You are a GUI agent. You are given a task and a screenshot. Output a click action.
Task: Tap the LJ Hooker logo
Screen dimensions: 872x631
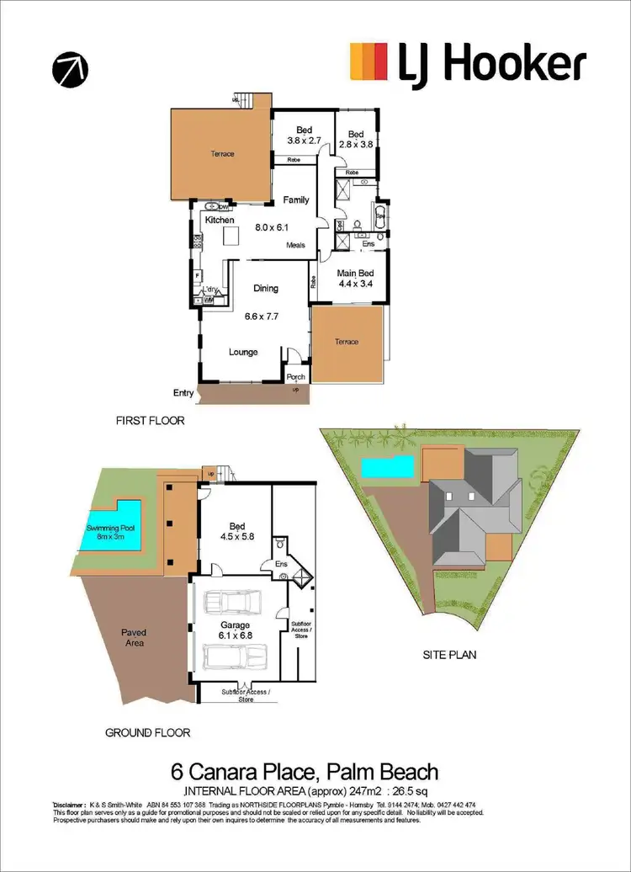pos(467,64)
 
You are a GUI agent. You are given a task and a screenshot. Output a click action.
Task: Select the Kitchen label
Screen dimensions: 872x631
pos(219,220)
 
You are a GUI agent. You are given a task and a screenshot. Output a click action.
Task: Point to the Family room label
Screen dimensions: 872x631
pos(295,200)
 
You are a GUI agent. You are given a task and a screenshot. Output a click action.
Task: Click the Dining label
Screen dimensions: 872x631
pos(266,289)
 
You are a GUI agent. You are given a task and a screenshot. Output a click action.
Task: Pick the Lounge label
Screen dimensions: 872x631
pos(243,352)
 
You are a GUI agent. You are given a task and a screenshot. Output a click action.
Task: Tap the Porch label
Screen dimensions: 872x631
pos(295,376)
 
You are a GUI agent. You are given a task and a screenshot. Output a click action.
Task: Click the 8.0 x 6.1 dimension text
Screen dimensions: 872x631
pos(272,226)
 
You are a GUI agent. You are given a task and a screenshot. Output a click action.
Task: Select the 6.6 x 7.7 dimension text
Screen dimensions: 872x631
pos(261,317)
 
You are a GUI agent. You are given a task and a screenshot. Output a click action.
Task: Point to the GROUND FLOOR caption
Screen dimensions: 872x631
pos(148,732)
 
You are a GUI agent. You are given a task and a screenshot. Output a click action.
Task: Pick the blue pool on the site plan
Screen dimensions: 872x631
pos(388,466)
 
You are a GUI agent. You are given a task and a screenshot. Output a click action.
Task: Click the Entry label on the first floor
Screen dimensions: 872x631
pos(183,393)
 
